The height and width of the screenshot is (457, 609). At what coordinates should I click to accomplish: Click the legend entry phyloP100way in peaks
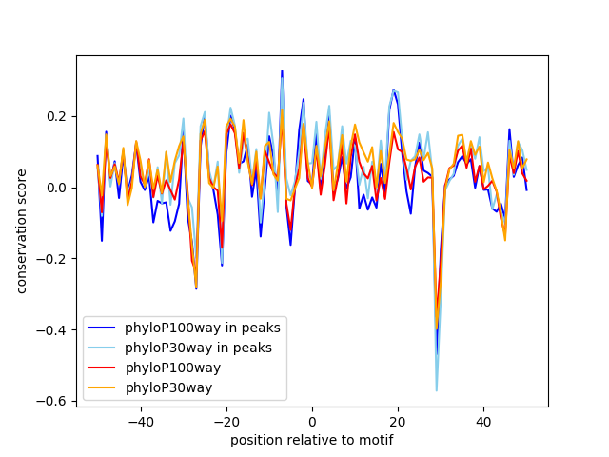(203, 328)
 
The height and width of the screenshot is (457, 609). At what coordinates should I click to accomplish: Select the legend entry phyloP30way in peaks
(198, 348)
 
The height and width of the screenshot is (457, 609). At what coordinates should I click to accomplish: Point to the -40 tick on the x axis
(140, 420)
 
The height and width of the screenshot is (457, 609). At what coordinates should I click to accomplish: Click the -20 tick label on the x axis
(226, 420)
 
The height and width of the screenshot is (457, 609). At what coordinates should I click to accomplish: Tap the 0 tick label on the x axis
(312, 420)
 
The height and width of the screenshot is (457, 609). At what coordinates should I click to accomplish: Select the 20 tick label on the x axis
(398, 420)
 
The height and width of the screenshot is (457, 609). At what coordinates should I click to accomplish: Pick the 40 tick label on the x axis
(483, 420)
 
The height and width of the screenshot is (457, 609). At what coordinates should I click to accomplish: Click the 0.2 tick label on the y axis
(58, 116)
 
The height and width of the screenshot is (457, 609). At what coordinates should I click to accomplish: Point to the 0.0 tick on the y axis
(58, 188)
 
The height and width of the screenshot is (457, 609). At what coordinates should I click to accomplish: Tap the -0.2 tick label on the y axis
(54, 259)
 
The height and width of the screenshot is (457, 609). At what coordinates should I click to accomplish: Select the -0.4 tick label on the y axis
(54, 330)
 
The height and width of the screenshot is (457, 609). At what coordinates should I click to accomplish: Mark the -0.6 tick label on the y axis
(54, 402)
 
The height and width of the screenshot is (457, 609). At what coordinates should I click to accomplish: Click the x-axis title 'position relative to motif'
(311, 440)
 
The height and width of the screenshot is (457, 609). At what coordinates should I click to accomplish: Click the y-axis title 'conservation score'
(22, 231)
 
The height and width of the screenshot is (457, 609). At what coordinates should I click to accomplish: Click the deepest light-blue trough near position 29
(437, 390)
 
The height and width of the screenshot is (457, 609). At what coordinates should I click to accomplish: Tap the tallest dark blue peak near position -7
(282, 70)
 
